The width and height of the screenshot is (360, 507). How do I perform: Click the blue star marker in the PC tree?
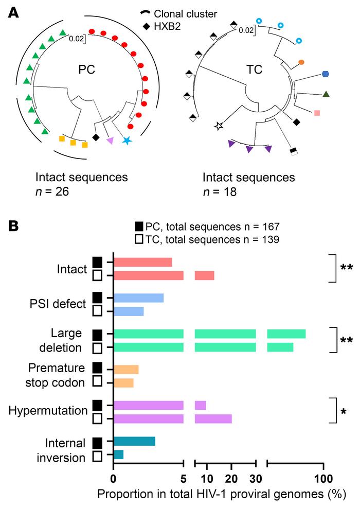point(127,141)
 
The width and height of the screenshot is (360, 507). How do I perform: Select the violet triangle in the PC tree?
point(110,141)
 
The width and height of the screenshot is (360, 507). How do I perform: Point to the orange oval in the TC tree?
point(301,62)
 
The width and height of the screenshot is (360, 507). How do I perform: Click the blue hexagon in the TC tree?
point(326,74)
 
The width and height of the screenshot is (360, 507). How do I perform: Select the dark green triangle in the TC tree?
point(326,94)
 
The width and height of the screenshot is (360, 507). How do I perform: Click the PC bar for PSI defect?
point(138,298)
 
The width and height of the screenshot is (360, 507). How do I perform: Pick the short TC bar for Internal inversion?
point(118,454)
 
